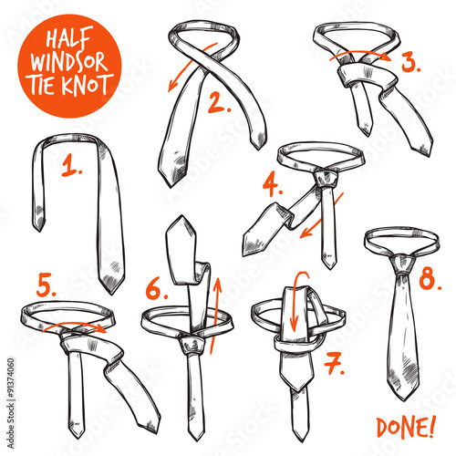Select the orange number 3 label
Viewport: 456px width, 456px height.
(x=411, y=64)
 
